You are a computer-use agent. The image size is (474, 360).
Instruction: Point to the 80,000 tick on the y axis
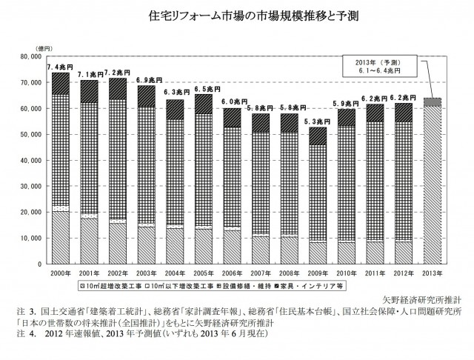tap(34, 56)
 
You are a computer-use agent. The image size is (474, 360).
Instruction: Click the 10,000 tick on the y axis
tap(34, 239)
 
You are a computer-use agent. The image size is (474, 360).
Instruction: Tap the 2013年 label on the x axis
tap(432, 273)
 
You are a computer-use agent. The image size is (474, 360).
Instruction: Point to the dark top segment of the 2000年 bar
tap(61, 83)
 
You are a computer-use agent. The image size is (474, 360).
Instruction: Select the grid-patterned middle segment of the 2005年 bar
tap(203, 170)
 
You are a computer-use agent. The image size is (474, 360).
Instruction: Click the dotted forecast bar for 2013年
tap(432, 185)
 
